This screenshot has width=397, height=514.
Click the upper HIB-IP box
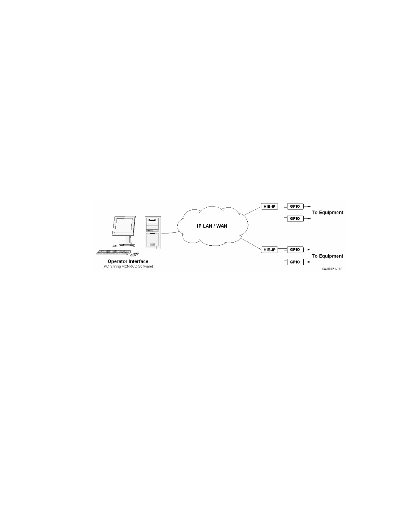(x=269, y=206)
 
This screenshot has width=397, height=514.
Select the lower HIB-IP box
(x=269, y=250)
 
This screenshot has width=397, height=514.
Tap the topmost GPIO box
(x=295, y=206)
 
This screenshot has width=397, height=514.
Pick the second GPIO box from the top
(x=295, y=219)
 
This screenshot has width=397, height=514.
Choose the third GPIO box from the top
(x=295, y=250)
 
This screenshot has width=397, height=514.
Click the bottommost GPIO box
(x=295, y=262)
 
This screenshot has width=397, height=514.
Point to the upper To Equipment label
(x=328, y=212)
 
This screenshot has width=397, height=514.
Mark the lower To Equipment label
(x=328, y=256)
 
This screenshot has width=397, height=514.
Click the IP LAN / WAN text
(x=212, y=226)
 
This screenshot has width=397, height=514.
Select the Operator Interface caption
(x=128, y=261)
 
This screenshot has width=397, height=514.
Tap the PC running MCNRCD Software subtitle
(x=128, y=266)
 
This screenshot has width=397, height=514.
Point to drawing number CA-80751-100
(x=332, y=269)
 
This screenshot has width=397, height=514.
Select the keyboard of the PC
(x=112, y=252)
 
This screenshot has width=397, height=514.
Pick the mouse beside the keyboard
(x=135, y=253)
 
